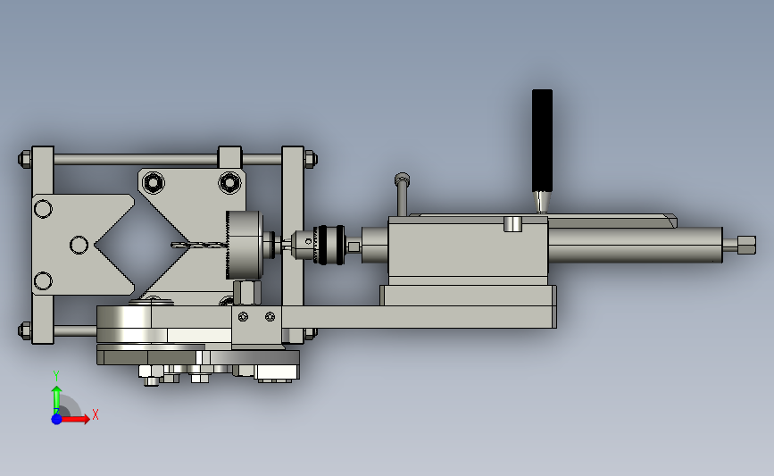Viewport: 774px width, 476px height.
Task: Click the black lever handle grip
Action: click(542, 141)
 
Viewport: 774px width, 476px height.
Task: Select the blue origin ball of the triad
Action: click(56, 419)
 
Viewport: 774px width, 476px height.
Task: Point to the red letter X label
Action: click(96, 414)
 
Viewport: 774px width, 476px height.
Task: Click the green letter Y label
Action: click(56, 376)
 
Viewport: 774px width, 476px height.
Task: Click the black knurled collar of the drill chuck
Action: click(330, 245)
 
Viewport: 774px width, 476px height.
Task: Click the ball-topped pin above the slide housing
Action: click(402, 194)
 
